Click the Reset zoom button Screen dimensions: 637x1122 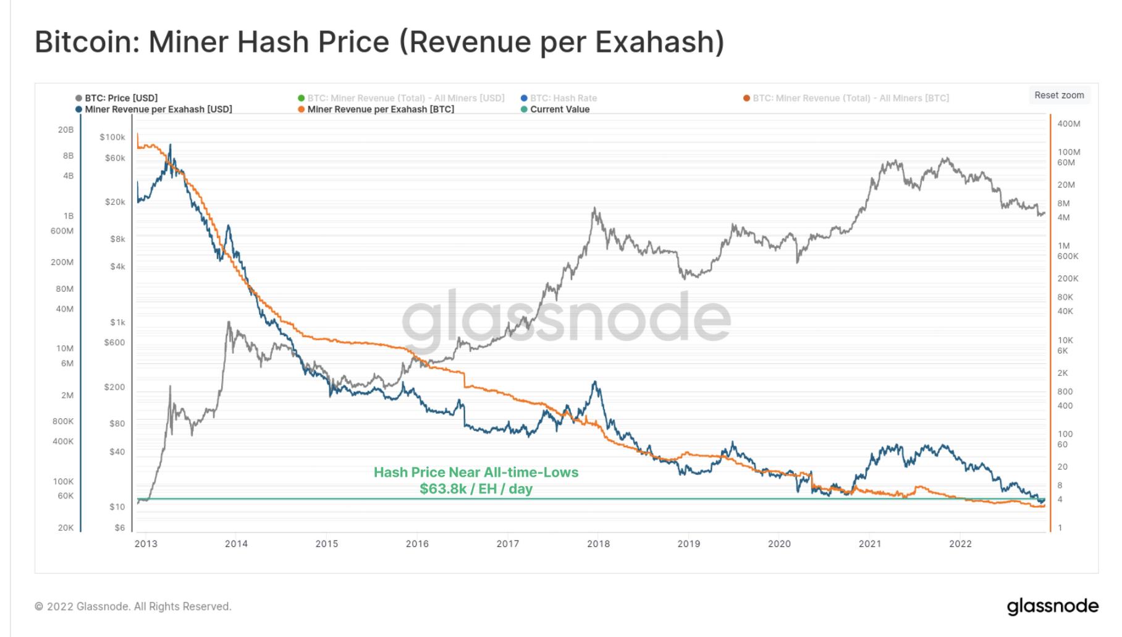coord(1059,95)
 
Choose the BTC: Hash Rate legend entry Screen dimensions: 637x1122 coord(563,98)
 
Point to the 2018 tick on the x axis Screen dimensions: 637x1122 coord(598,544)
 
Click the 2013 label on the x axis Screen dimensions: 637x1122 coord(146,544)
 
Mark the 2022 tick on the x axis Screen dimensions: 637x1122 coord(960,544)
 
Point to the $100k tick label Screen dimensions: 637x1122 coord(112,137)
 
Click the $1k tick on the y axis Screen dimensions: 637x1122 coord(117,322)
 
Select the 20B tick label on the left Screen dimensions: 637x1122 coord(65,130)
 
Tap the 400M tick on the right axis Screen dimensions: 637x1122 coord(1069,124)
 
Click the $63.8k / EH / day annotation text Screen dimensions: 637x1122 coord(476,489)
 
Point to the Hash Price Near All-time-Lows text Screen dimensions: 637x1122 coord(476,472)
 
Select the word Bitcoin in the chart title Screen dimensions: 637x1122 coord(86,42)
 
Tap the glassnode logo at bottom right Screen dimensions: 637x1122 coord(1053,606)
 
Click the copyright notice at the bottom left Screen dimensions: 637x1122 coord(133,607)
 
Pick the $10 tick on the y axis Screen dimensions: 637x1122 coord(117,507)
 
